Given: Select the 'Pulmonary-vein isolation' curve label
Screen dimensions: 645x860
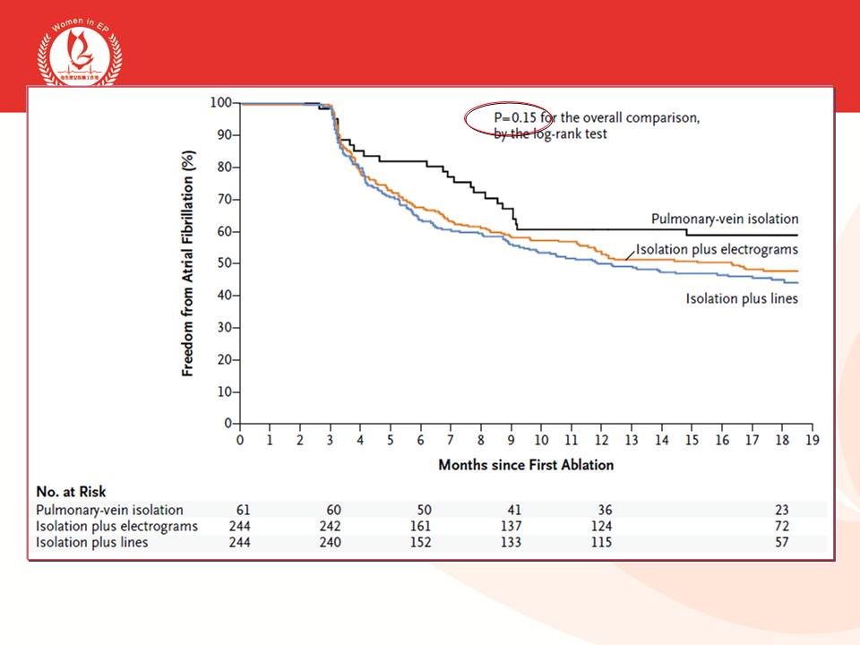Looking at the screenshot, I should pos(725,219).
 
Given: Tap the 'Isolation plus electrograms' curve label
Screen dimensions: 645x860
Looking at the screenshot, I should pos(717,249).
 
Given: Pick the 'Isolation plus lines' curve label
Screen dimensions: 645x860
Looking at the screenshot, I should pos(742,298).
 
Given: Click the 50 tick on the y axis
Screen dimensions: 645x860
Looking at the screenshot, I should pos(223,263).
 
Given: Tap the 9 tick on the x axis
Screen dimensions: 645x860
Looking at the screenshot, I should pos(512,440).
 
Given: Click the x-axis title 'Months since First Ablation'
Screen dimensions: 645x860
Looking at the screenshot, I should pos(526,465).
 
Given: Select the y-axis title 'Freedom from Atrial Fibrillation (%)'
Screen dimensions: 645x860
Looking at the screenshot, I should pos(188,262).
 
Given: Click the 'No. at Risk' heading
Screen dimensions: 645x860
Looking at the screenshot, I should pos(71,492).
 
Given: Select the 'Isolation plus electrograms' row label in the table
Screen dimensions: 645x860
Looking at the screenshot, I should pos(116,526).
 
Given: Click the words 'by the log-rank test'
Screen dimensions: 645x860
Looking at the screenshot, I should pos(550,133).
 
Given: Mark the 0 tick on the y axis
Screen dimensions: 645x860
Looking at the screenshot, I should pos(227,423).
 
